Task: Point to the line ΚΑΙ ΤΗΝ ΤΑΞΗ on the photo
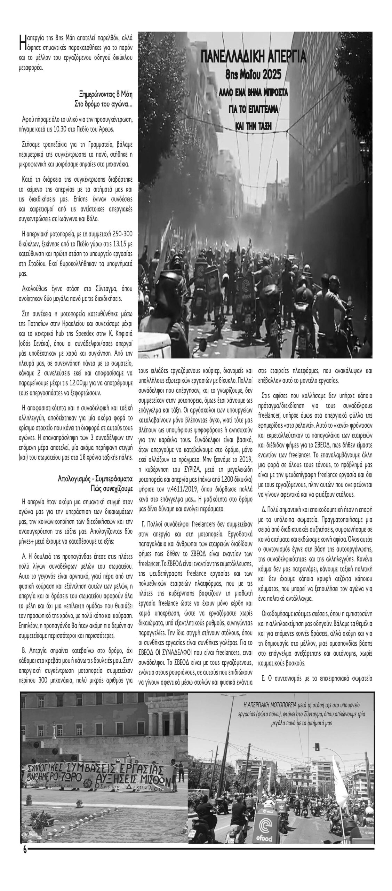point(253,126)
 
